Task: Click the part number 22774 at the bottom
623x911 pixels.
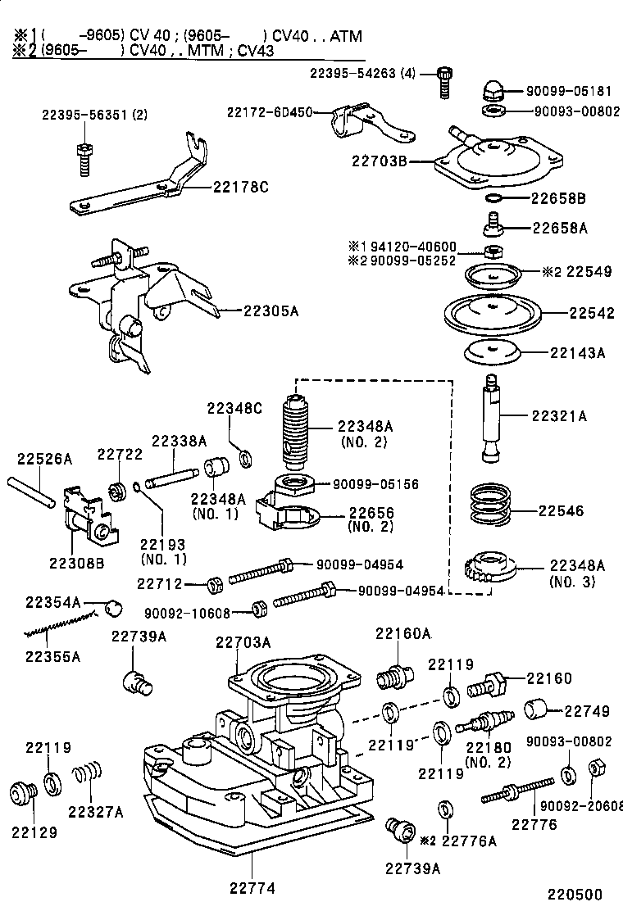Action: pos(251,887)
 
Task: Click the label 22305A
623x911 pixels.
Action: pos(271,310)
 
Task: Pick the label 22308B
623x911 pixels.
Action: pos(77,562)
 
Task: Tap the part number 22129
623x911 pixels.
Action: pos(34,832)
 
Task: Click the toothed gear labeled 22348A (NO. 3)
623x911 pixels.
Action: pos(489,567)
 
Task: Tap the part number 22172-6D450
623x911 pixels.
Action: pos(270,111)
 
